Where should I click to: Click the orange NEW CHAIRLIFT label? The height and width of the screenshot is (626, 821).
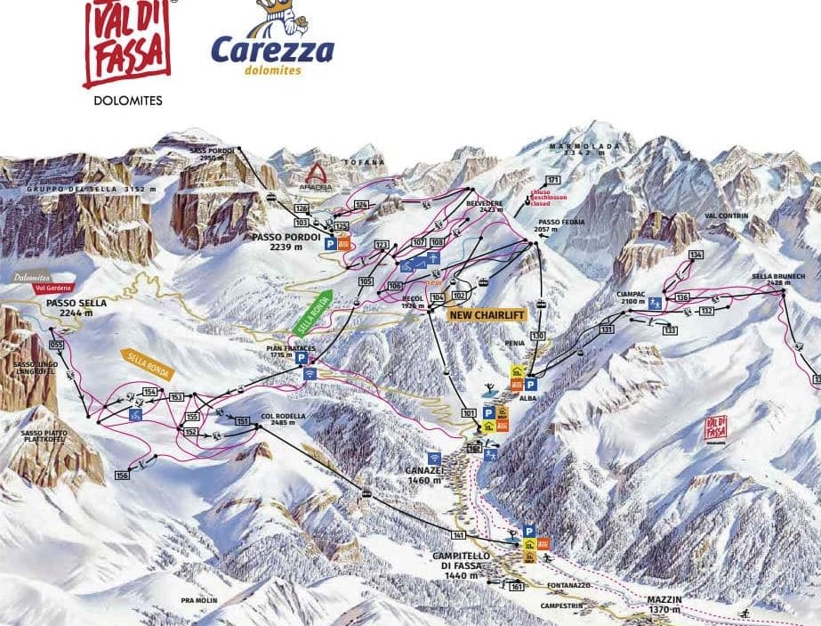tap(487, 314)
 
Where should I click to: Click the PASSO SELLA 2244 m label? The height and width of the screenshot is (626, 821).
tap(76, 307)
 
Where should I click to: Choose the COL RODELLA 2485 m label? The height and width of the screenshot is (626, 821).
tap(283, 419)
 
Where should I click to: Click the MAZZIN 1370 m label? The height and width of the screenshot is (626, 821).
tap(664, 605)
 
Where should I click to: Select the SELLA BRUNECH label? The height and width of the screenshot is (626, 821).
tap(777, 277)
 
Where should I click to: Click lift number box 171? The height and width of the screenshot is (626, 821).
tap(553, 181)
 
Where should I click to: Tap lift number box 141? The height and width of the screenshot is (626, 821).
tap(458, 534)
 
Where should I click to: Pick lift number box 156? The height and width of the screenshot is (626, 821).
tap(122, 476)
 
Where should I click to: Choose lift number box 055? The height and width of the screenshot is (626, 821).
tap(58, 344)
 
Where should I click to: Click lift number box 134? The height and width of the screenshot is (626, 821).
tap(696, 256)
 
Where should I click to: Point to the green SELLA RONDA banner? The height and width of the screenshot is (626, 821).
tap(311, 313)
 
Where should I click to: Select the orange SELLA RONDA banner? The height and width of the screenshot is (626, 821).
tap(146, 365)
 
